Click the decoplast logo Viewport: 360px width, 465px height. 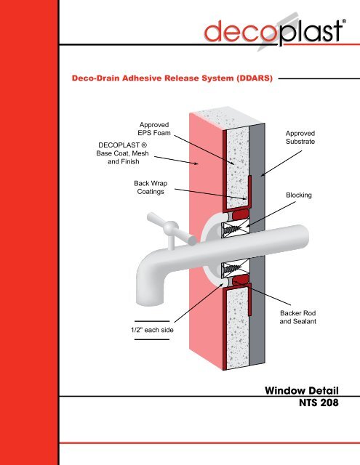point(275,32)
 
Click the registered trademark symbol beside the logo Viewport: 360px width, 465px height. point(344,21)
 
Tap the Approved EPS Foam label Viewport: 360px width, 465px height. point(154,129)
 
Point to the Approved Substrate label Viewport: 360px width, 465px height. point(300,137)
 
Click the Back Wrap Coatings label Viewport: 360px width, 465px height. point(151,187)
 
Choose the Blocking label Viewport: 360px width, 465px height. point(299,195)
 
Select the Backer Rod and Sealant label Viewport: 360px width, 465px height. point(297,317)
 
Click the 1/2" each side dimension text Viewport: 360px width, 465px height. point(152,330)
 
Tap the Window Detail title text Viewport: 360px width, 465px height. point(302,390)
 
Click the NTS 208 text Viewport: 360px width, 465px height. point(319,403)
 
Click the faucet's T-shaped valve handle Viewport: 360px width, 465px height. point(171,230)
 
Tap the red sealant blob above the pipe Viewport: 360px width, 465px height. point(241,215)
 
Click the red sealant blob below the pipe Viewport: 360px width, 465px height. point(241,279)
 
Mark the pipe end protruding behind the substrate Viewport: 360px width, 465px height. point(300,238)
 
